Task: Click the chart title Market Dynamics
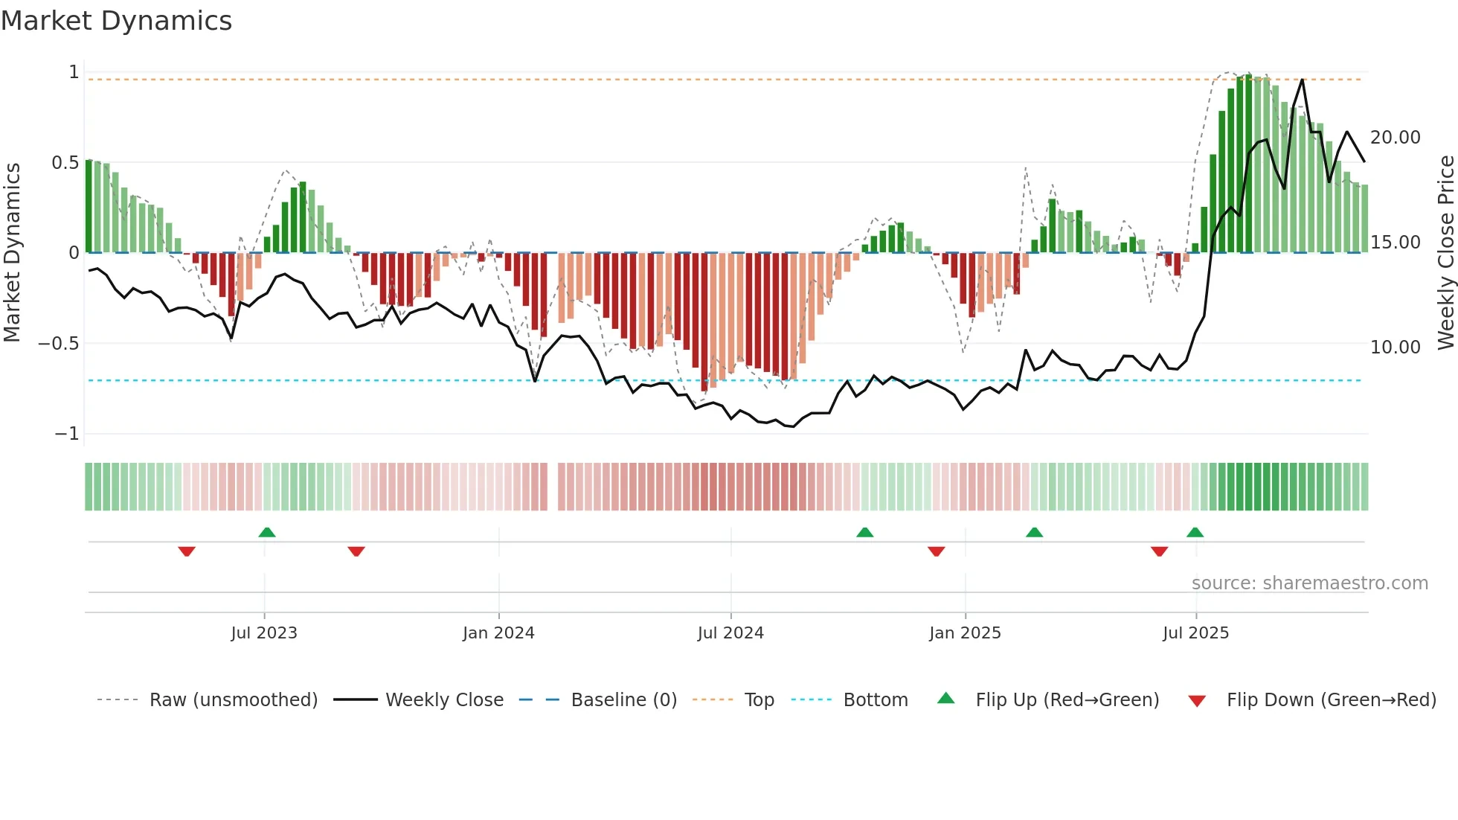[x=116, y=21]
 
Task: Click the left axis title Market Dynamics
[x=12, y=252]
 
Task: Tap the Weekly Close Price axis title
[x=1445, y=252]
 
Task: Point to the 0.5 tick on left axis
[x=65, y=163]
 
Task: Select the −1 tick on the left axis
[x=66, y=434]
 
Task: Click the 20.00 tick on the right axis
[x=1395, y=138]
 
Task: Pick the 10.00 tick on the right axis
[x=1395, y=347]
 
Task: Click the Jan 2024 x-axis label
[x=498, y=633]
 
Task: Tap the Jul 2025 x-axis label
[x=1195, y=633]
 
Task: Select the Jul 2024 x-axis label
[x=730, y=633]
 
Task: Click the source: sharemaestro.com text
[x=1309, y=583]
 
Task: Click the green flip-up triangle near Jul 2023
[x=267, y=532]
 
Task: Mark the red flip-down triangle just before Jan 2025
[x=937, y=551]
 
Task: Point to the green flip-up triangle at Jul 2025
[x=1195, y=532]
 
